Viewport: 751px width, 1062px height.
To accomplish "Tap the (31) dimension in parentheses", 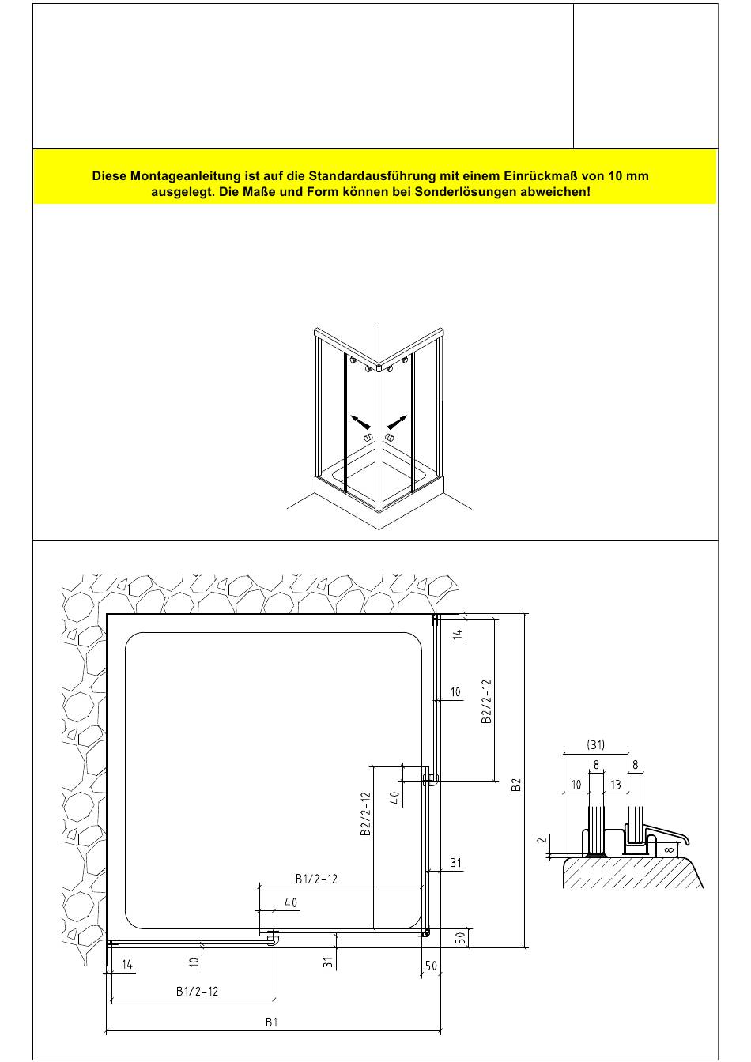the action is (596, 744).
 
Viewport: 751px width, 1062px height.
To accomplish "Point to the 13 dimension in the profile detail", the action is (615, 785).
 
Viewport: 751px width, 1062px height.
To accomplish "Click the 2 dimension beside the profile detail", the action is (542, 840).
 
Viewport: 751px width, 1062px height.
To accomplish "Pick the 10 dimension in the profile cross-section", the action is (576, 785).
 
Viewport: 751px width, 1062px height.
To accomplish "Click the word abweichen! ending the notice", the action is (556, 192).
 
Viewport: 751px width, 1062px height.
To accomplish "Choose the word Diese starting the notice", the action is (109, 176).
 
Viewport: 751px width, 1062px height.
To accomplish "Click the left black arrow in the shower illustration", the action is (360, 421).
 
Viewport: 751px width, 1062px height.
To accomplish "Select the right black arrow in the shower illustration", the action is (398, 422).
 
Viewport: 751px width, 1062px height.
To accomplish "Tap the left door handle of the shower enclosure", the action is (368, 437).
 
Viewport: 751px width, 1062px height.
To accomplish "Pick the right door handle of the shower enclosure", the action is (390, 437).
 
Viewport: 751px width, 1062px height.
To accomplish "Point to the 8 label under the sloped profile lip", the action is (669, 849).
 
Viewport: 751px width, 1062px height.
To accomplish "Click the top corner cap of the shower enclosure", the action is (379, 367).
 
